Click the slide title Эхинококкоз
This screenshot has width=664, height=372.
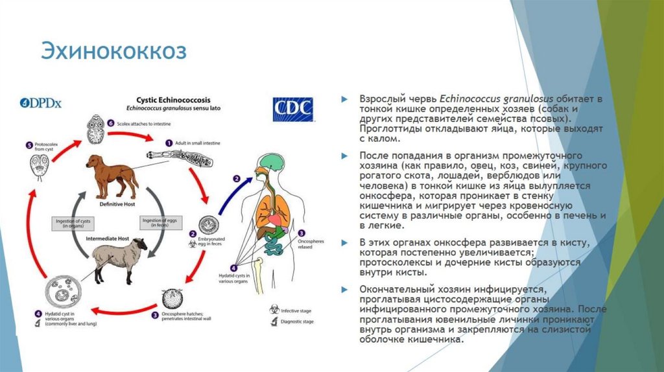114,51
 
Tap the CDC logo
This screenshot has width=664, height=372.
292,109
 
